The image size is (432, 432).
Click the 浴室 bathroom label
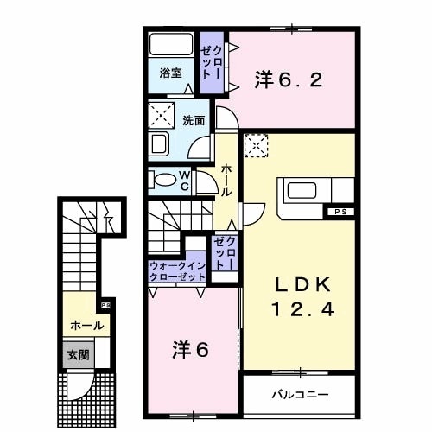170,74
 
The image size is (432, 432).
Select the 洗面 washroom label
193,120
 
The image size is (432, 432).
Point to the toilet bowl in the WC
165,180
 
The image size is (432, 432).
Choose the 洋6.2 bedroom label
289,80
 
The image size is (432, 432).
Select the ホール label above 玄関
86,326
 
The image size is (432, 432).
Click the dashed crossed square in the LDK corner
257,148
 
